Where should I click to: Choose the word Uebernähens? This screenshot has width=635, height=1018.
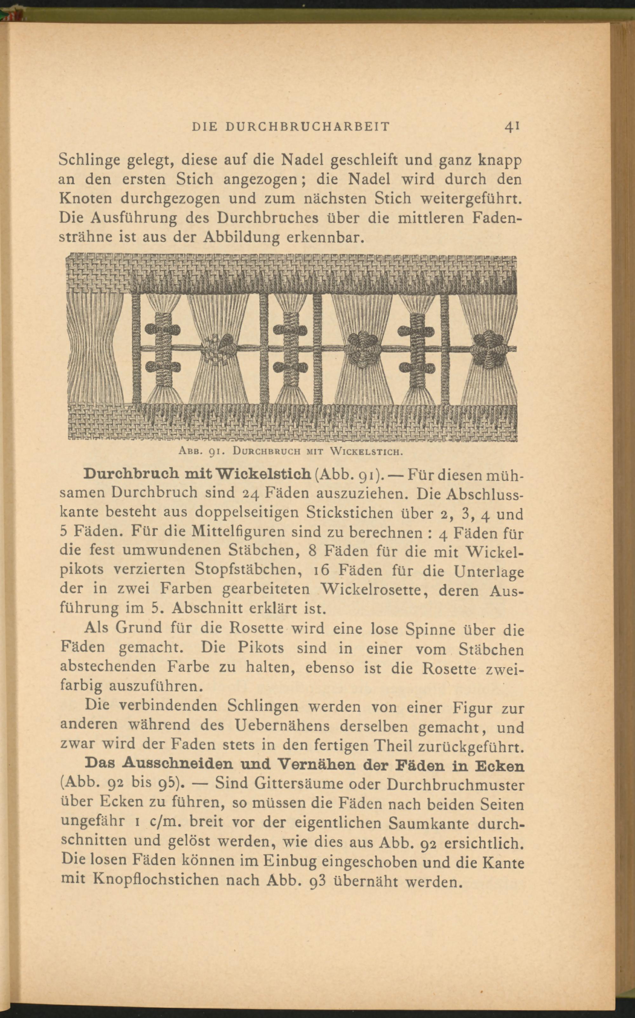284,726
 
